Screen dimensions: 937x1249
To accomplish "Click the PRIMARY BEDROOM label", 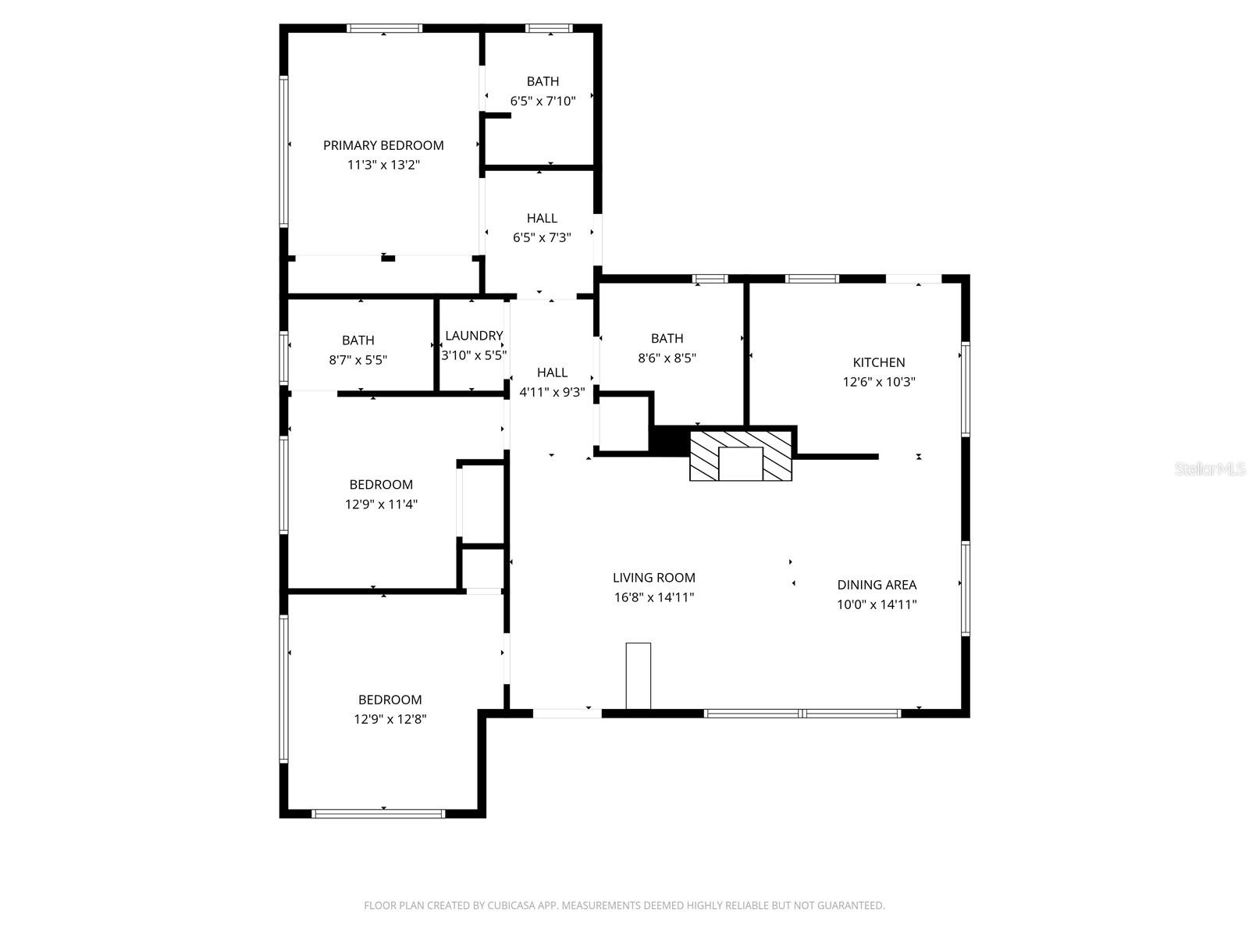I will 383,145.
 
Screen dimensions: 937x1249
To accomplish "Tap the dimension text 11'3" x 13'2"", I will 383,165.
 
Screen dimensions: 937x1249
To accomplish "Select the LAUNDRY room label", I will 474,336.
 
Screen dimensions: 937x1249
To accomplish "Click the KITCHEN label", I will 878,362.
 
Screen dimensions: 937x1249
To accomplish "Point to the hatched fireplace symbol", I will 740,455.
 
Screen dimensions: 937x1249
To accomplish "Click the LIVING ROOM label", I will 653,578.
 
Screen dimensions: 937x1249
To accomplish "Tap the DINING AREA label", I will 877,585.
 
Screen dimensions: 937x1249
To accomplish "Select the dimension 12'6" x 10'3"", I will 878,382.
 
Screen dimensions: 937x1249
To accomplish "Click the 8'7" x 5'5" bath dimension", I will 358,360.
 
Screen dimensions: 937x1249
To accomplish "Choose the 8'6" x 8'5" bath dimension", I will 667,358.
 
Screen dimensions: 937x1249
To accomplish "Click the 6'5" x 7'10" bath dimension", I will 543,101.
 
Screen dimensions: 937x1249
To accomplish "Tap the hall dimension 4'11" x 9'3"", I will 552,392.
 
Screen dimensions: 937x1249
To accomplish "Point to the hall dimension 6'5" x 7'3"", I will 542,238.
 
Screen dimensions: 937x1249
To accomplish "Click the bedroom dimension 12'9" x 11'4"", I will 381,504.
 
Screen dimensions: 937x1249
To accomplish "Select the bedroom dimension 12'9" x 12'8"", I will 390,719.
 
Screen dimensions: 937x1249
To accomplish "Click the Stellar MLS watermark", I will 1209,469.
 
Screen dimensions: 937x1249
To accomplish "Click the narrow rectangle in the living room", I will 638,675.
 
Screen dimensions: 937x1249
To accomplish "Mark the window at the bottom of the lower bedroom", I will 379,814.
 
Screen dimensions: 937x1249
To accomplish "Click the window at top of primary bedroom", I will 384,28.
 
